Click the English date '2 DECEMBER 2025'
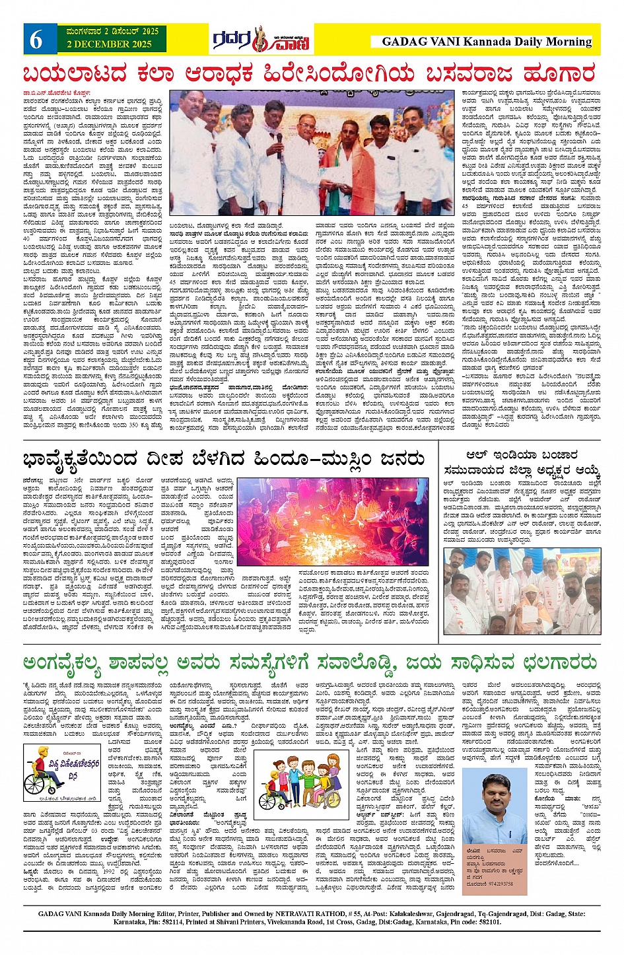pos(109,45)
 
